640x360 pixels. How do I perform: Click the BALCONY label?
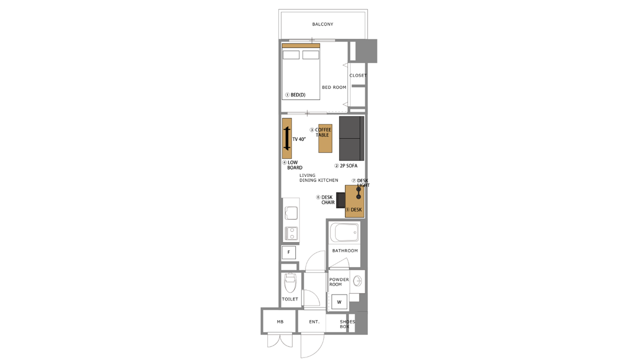[x=322, y=24]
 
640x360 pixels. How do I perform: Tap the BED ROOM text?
[x=334, y=87]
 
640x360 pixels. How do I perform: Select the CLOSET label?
[x=358, y=75]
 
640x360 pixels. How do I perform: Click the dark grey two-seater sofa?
[x=351, y=138]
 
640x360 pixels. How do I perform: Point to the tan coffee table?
[x=325, y=138]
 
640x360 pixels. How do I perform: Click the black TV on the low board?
[x=287, y=138]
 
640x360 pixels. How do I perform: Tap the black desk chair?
[x=340, y=200]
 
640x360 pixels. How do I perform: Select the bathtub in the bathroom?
[x=344, y=232]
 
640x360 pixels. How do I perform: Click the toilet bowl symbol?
[x=290, y=283]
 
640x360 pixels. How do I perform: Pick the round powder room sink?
[x=357, y=281]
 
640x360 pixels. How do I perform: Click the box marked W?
[x=339, y=302]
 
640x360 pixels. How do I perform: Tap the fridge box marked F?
[x=289, y=252]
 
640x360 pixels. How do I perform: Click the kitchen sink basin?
[x=291, y=213]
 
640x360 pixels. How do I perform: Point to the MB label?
[x=280, y=321]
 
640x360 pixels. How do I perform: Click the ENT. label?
[x=314, y=321]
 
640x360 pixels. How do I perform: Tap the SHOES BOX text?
[x=347, y=324]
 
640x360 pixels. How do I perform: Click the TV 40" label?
[x=299, y=139]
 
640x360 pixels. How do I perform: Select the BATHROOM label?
[x=345, y=250]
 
